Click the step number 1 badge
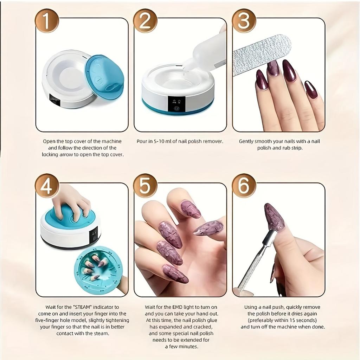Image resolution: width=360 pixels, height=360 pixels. point(47,21)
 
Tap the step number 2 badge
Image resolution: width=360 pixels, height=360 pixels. point(145,21)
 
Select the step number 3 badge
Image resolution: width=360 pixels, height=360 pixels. point(244,21)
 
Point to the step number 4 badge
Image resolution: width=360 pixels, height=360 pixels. point(47,186)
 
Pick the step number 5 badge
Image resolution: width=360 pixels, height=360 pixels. point(145,186)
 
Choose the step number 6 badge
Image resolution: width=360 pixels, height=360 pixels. point(244,186)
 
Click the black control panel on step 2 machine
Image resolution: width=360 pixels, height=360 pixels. point(176,104)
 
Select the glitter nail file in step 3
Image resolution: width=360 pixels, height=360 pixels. point(262,54)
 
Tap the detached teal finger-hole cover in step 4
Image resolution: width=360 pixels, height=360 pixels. point(98,269)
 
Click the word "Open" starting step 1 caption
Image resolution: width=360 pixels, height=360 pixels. point(49,141)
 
